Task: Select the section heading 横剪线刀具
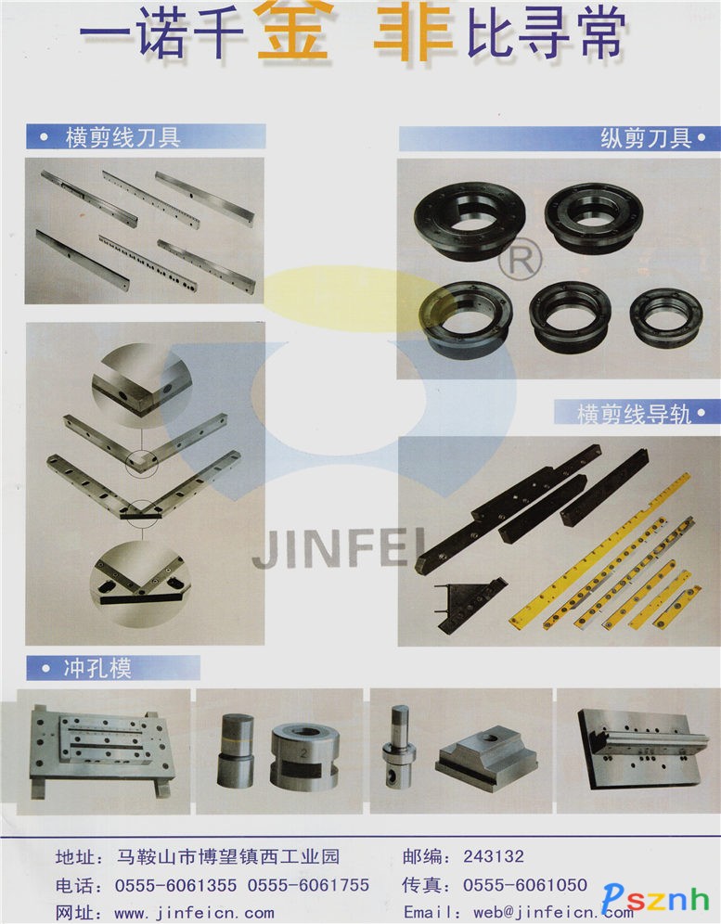pyautogui.click(x=122, y=137)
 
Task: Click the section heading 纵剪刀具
pyautogui.click(x=646, y=138)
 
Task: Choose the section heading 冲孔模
pyautogui.click(x=97, y=668)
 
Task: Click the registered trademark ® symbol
pyautogui.click(x=520, y=259)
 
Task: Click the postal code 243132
pyautogui.click(x=494, y=855)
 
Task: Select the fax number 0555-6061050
pyautogui.click(x=524, y=884)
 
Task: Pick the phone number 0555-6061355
pyautogui.click(x=175, y=885)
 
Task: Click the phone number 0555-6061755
pyautogui.click(x=308, y=885)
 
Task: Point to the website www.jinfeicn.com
pyautogui.click(x=194, y=914)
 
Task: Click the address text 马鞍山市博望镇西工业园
pyautogui.click(x=228, y=855)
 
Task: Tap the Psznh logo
pyautogui.click(x=655, y=898)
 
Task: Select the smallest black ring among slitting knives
pyautogui.click(x=666, y=317)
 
